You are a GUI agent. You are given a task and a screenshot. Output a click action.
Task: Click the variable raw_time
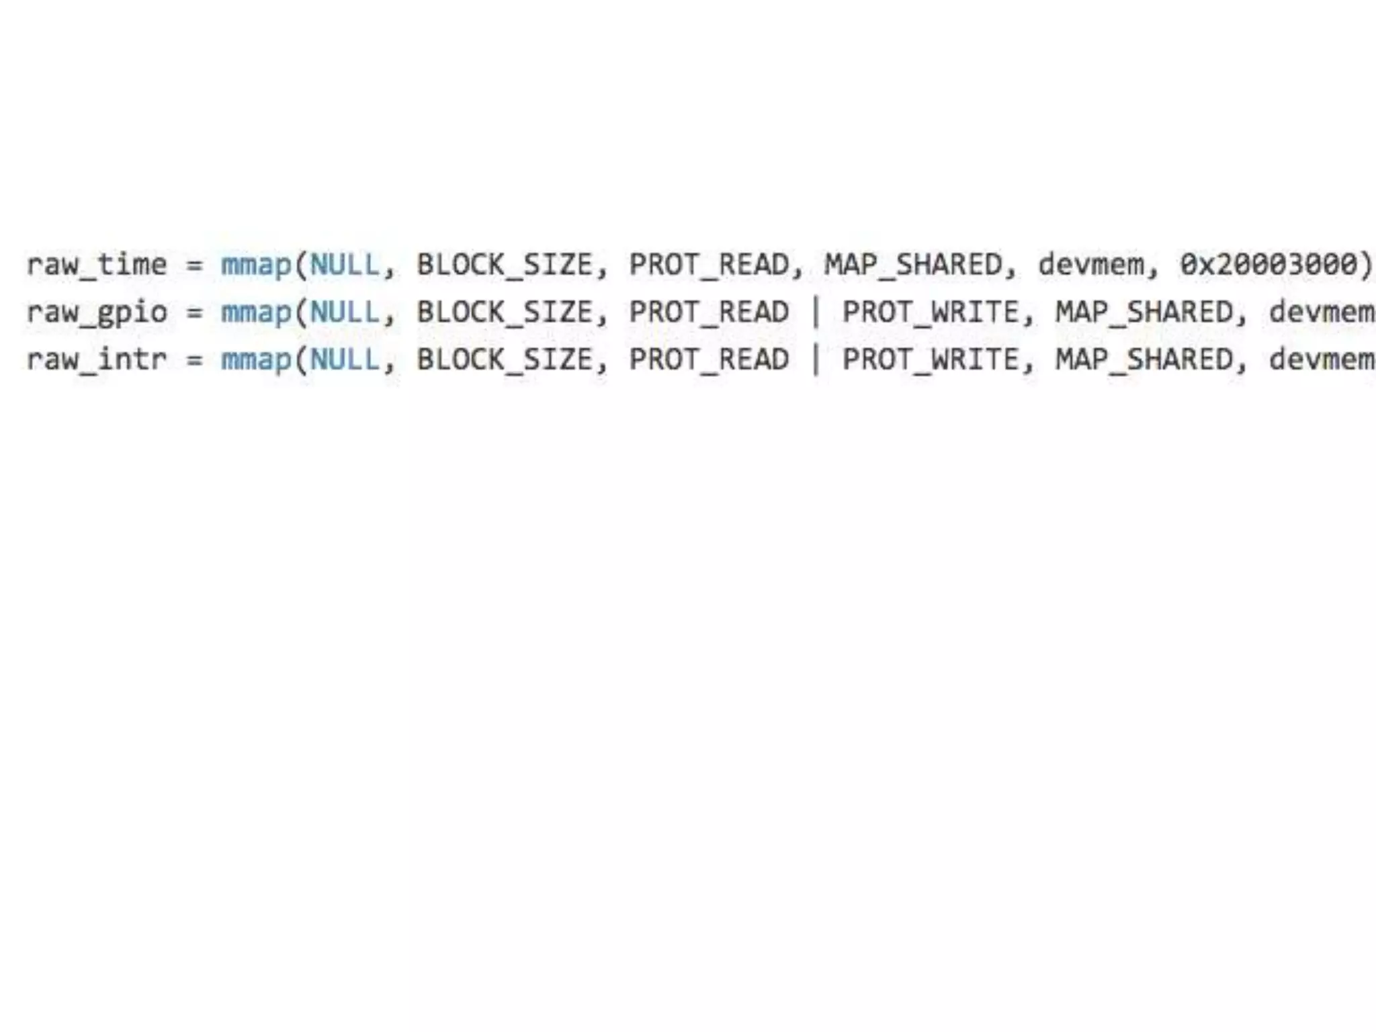97,265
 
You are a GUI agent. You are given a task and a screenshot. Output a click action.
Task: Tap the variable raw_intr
97,360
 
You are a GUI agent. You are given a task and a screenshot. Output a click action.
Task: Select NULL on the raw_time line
345,265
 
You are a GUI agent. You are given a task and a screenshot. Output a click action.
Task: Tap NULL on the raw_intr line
345,360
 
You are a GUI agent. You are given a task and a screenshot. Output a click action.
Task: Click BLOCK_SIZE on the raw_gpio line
505,312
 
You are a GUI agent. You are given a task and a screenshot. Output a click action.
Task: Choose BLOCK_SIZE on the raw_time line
505,265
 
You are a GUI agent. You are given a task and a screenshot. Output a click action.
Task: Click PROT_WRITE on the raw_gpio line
931,312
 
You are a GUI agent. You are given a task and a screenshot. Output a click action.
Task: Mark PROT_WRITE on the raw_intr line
931,360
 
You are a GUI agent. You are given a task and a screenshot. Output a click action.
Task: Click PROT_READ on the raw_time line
708,265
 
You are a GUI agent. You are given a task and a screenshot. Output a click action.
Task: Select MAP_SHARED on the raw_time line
913,265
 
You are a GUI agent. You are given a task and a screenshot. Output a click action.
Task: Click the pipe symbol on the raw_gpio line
816,312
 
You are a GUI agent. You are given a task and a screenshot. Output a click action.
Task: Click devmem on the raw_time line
1090,265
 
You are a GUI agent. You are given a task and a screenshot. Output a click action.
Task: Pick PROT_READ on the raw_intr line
708,360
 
